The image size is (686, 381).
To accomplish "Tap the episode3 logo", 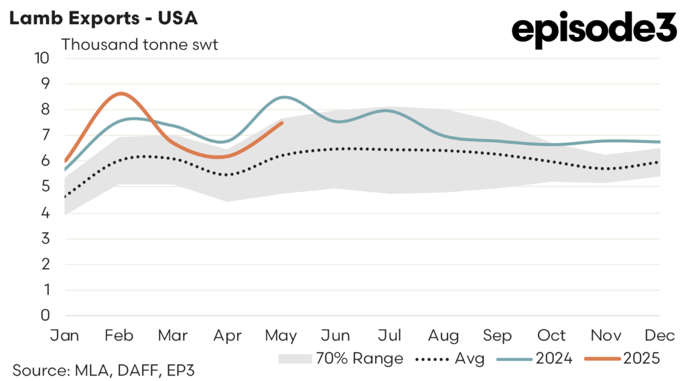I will (594, 30).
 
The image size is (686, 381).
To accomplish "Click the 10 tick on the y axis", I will (42, 58).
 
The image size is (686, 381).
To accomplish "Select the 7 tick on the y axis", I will (46, 135).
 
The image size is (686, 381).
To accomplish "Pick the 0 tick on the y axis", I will (46, 315).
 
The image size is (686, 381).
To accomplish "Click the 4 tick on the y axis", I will (46, 213).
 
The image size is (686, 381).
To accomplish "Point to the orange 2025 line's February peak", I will (119, 94).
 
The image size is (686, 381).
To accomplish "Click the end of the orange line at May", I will (282, 123).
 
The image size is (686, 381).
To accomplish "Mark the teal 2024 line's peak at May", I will (284, 97).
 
